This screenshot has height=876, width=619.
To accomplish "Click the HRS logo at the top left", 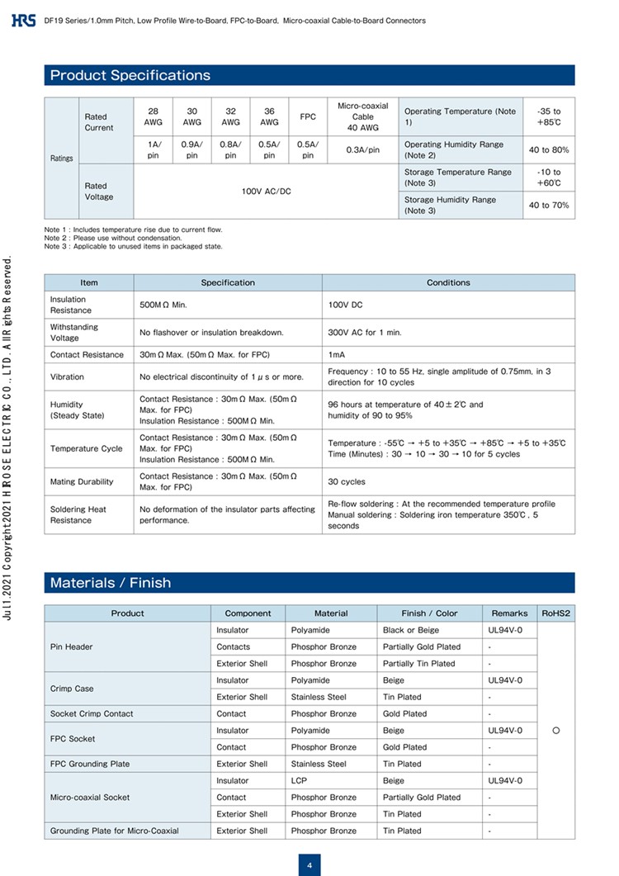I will [x=24, y=20].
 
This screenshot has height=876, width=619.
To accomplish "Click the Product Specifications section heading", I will [x=130, y=75].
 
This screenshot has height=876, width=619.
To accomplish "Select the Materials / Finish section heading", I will [x=111, y=583].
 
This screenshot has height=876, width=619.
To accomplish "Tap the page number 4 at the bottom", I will [x=309, y=865].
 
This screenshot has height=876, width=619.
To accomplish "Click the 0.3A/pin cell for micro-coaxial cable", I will [x=362, y=149].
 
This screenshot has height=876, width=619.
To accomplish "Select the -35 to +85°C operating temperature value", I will [x=548, y=116].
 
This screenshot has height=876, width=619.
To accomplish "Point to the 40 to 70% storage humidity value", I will [x=549, y=205].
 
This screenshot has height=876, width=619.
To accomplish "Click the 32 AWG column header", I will [x=231, y=116].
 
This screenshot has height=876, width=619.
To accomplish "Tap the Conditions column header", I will [x=448, y=282].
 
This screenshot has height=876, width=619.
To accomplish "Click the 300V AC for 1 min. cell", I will [x=365, y=332].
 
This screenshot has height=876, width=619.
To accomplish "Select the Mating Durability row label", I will [x=82, y=481].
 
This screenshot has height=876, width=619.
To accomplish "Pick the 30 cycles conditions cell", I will [x=347, y=481].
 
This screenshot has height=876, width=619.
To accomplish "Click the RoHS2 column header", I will [x=556, y=613].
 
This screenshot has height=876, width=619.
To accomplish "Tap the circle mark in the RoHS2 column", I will [x=556, y=731].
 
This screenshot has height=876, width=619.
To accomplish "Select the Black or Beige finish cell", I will [x=411, y=630].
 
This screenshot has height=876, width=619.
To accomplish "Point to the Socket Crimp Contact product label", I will [x=92, y=713].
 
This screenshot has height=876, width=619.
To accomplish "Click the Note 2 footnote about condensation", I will [x=113, y=238].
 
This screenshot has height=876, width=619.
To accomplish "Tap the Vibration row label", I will [x=67, y=376].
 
